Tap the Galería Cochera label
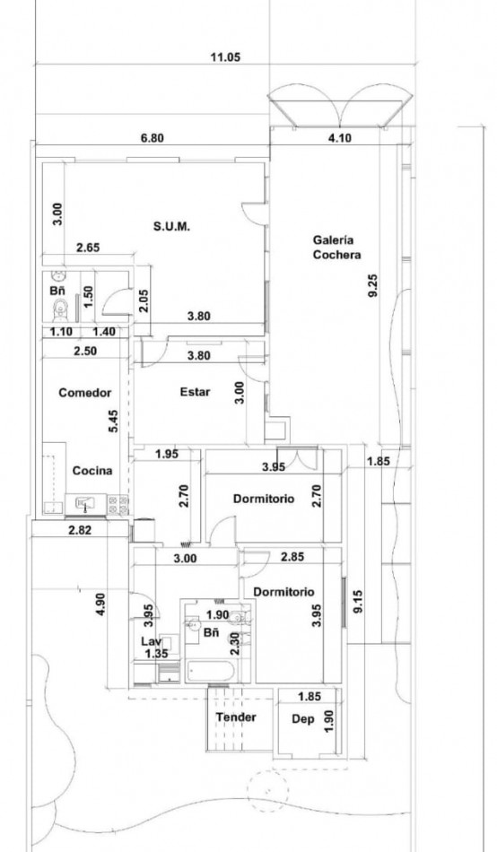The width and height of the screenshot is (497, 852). (336, 247)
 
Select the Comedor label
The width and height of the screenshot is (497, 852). (83, 393)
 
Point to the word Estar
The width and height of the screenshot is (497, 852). (195, 391)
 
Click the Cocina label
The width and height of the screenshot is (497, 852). (92, 470)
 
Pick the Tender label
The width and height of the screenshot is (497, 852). (236, 717)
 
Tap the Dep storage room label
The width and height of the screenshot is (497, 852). (303, 719)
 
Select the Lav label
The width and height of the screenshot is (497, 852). (149, 641)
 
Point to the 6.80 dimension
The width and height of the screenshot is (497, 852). (153, 139)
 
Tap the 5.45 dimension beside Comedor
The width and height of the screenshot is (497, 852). (113, 422)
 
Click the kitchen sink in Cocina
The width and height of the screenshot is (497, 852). (86, 505)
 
